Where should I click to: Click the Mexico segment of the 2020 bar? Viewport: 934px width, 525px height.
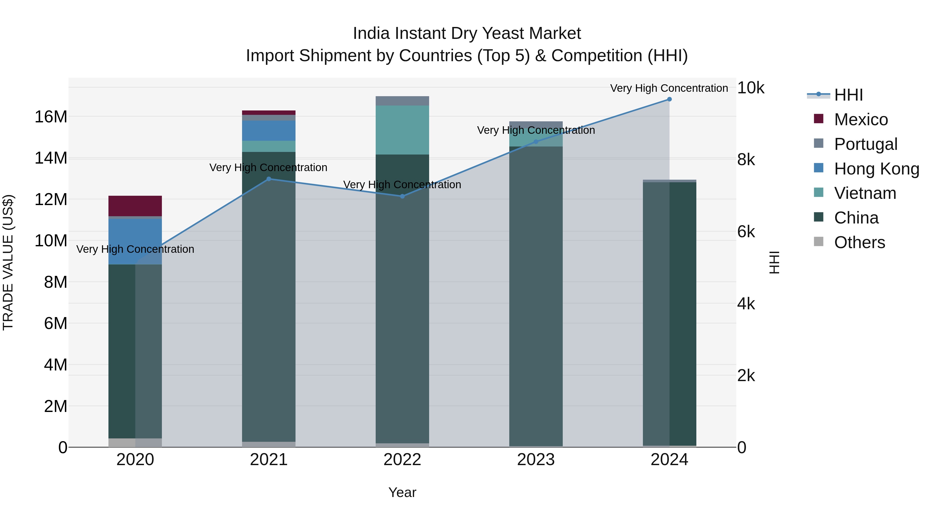[x=135, y=206]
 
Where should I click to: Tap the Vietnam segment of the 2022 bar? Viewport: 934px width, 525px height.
[x=402, y=130]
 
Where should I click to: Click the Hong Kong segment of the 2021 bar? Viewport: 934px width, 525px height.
[x=269, y=130]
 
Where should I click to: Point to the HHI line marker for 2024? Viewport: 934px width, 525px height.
[x=669, y=99]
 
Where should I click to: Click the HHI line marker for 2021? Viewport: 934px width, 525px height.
[x=269, y=179]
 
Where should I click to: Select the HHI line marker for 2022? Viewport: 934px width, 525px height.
[x=402, y=196]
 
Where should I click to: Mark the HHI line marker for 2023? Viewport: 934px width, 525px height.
[x=536, y=142]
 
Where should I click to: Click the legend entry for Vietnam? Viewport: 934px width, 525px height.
[x=865, y=193]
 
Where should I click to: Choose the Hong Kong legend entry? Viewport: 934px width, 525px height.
[x=876, y=169]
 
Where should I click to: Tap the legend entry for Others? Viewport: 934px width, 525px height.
[x=859, y=242]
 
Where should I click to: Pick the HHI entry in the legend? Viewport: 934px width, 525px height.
[x=848, y=95]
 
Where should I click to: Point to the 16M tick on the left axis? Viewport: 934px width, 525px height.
[x=51, y=117]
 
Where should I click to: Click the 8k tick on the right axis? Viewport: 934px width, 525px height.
[x=746, y=160]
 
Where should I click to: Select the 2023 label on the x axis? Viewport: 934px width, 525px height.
[x=536, y=460]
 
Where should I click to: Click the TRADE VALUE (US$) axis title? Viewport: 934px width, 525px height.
[x=8, y=262]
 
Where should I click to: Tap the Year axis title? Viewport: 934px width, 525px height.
[x=402, y=492]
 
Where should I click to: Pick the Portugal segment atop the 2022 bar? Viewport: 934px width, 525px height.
[x=402, y=101]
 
